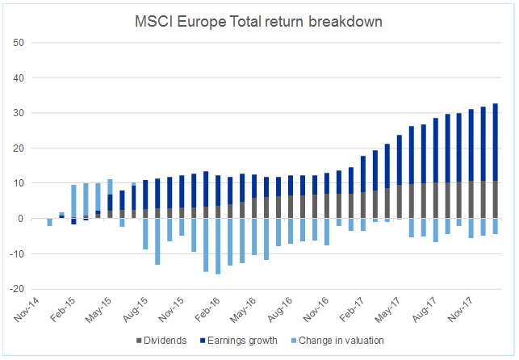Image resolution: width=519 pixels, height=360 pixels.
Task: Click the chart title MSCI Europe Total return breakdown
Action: click(x=258, y=22)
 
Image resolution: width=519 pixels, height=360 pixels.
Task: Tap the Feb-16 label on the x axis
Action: click(x=206, y=312)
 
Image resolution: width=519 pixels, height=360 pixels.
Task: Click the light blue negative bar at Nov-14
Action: click(x=49, y=222)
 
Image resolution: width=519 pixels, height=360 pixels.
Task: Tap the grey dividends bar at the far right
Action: click(x=496, y=200)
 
